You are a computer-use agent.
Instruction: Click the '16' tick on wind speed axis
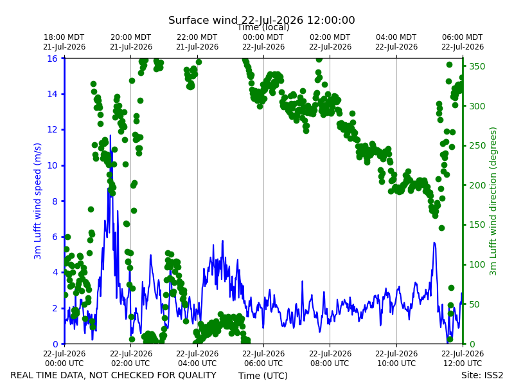coord(53,59)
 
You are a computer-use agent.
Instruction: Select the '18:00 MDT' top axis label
coord(64,37)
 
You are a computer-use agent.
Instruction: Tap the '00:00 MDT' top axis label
coord(263,37)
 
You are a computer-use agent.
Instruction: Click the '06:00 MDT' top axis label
coord(463,37)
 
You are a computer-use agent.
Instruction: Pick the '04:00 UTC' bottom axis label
coord(197,363)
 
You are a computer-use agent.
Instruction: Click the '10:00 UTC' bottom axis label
coord(396,363)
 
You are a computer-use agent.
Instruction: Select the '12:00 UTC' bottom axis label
coord(463,363)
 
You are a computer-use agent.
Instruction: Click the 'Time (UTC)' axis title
coord(263,376)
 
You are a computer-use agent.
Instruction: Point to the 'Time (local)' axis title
coord(263,28)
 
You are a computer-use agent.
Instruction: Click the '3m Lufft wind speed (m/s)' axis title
coord(38,201)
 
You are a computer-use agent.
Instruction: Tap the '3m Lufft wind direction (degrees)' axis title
coord(493,201)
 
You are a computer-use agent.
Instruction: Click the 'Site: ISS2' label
coord(482,375)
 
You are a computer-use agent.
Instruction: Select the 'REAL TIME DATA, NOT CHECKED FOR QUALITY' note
coord(114,375)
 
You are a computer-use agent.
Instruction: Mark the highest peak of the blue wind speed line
coord(110,135)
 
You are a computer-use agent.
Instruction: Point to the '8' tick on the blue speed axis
coord(55,201)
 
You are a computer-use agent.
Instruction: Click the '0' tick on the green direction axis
coord(472,344)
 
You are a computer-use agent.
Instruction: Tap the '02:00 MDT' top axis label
coord(330,37)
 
